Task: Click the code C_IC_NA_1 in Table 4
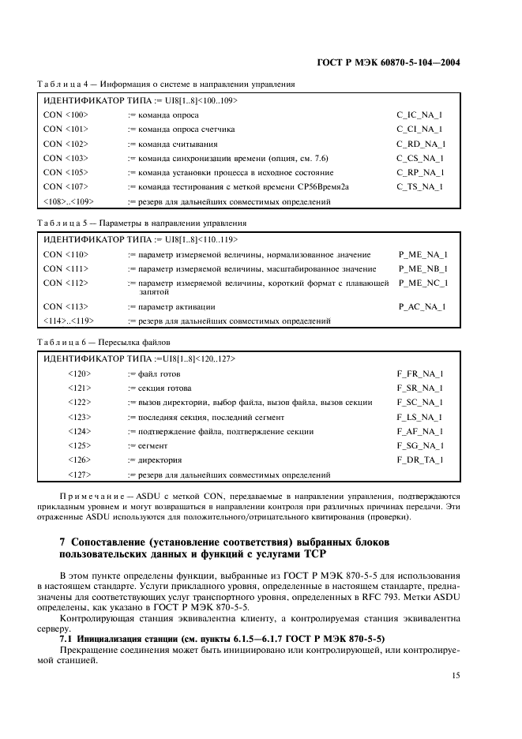(x=419, y=114)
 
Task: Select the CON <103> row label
(x=66, y=158)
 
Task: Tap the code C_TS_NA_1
(x=419, y=186)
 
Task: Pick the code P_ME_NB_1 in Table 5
(x=423, y=268)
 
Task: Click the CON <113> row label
(x=66, y=306)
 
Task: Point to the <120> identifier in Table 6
(x=79, y=373)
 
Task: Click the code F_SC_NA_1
(x=419, y=402)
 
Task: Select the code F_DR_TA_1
(x=419, y=460)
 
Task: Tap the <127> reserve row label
(x=79, y=475)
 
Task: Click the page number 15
(x=456, y=675)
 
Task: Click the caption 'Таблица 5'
(x=62, y=223)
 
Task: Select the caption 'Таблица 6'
(x=62, y=342)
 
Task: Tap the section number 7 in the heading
(x=62, y=544)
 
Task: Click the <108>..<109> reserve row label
(x=68, y=201)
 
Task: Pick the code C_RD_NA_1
(x=421, y=144)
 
